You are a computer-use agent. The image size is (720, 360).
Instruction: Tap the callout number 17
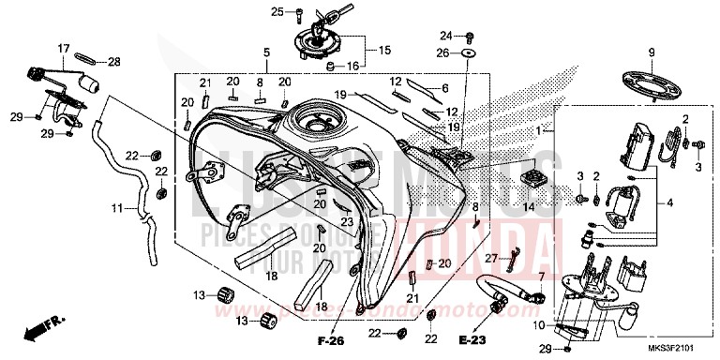pos(65,48)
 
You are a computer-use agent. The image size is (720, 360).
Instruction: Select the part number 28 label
pos(113,62)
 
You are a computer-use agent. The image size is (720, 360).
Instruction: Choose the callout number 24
pos(446,36)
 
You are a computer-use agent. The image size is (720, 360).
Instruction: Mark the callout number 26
pos(446,53)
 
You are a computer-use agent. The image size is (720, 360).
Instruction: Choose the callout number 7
pos(540,277)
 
